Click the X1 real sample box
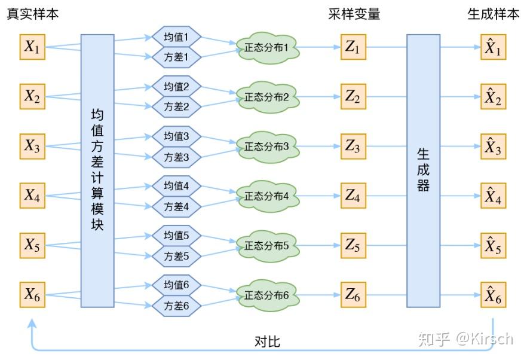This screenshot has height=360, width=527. click(32, 47)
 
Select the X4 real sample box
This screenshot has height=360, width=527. click(32, 195)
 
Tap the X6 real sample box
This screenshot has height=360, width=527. click(32, 294)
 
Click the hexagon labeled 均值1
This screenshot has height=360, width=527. click(176, 37)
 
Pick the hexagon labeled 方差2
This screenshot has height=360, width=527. click(176, 107)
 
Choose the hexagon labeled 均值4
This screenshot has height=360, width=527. click(176, 185)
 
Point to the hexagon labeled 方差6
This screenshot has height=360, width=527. click(176, 306)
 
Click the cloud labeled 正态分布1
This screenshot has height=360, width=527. click(266, 47)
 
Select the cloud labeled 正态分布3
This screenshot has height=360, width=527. click(266, 146)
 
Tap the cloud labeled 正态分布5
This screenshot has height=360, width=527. click(266, 245)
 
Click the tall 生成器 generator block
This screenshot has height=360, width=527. click(423, 170)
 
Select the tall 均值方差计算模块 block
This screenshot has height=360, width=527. click(97, 170)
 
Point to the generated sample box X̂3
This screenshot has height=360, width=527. click(493, 147)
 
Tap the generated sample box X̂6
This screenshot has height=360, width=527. click(493, 295)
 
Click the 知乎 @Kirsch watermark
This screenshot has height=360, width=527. click(465, 339)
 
